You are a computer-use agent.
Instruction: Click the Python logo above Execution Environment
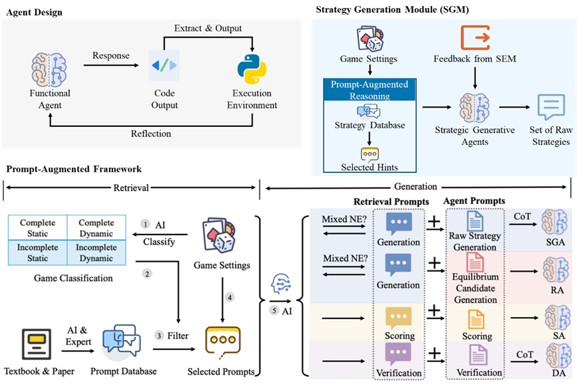click(251, 69)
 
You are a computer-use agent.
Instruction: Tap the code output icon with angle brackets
click(164, 66)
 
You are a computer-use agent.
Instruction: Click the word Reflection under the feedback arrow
click(151, 134)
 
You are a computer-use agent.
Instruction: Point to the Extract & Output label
click(208, 29)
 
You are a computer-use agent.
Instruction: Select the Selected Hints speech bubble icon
click(370, 155)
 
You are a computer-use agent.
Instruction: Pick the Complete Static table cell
click(38, 227)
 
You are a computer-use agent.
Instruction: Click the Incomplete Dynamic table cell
click(96, 252)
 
